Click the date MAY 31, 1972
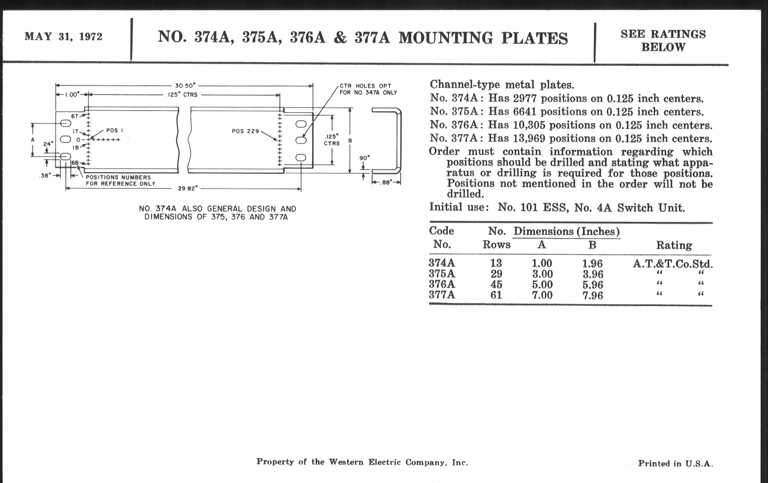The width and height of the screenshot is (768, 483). tap(63, 37)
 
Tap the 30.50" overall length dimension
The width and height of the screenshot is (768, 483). tap(185, 86)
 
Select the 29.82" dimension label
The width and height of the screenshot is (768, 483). tap(188, 188)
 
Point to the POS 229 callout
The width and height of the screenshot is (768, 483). tap(245, 131)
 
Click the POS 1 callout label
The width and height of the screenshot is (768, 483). tap(115, 130)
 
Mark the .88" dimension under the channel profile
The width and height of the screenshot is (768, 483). tap(386, 183)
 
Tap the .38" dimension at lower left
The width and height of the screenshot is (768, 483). tap(45, 175)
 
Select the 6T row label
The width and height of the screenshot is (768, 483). tap(75, 116)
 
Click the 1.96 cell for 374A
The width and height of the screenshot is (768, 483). tap(592, 263)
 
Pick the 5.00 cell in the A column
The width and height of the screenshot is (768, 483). tap(542, 284)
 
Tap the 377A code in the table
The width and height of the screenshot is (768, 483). tap(442, 295)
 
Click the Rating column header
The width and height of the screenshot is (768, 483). tap(674, 245)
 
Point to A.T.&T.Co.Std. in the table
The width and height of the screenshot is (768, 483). tap(672, 264)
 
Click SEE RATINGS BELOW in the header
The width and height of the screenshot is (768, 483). tap(663, 40)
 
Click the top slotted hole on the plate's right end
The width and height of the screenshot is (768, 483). tap(301, 124)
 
